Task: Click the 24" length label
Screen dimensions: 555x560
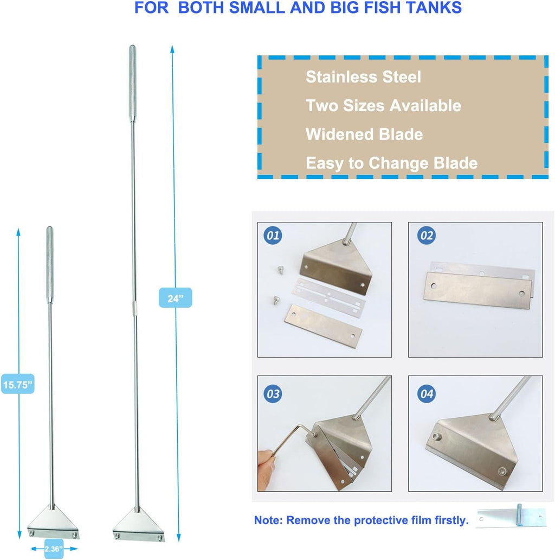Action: pyautogui.click(x=175, y=297)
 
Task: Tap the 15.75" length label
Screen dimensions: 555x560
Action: pyautogui.click(x=17, y=384)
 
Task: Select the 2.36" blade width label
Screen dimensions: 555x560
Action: pyautogui.click(x=54, y=549)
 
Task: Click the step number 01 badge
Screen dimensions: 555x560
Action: pyautogui.click(x=273, y=236)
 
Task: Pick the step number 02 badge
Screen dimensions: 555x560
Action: pyautogui.click(x=426, y=236)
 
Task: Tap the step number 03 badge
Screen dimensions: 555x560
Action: pyautogui.click(x=273, y=393)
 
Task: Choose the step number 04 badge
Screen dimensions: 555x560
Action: pyautogui.click(x=426, y=393)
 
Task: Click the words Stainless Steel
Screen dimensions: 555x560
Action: pyautogui.click(x=363, y=77)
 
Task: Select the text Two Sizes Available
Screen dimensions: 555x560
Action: pyautogui.click(x=383, y=106)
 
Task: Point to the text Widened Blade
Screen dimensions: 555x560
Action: pyautogui.click(x=364, y=134)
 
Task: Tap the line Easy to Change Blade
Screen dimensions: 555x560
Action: pyautogui.click(x=392, y=163)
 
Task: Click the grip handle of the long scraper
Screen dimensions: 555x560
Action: pyautogui.click(x=132, y=83)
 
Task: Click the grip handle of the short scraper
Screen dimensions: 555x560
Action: pyautogui.click(x=50, y=265)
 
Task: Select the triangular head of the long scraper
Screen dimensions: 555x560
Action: pyautogui.click(x=139, y=524)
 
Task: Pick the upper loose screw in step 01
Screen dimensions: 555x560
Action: pyautogui.click(x=281, y=270)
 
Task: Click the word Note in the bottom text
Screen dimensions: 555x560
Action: pyautogui.click(x=268, y=520)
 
